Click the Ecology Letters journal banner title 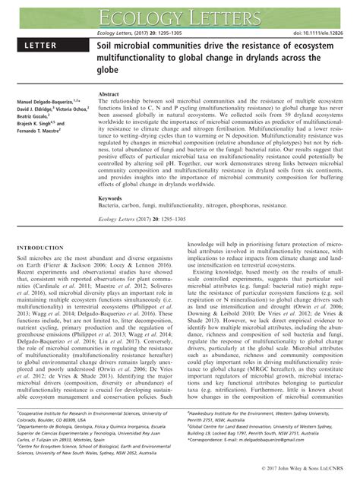tap(180, 14)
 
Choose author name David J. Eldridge tap(28, 109)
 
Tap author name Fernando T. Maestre tap(36, 132)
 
